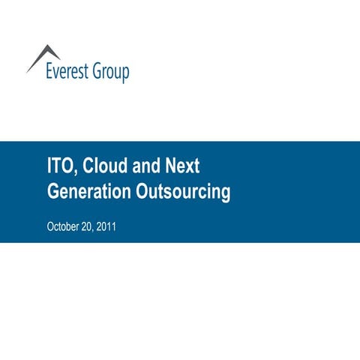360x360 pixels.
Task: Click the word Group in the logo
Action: [110, 73]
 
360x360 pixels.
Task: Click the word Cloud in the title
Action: [101, 166]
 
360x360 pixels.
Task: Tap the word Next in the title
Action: [183, 166]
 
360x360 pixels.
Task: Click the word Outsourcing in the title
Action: [182, 192]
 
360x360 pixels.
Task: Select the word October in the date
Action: [63, 226]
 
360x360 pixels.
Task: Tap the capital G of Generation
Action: [53, 192]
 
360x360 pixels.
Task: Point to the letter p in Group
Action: [124, 74]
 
